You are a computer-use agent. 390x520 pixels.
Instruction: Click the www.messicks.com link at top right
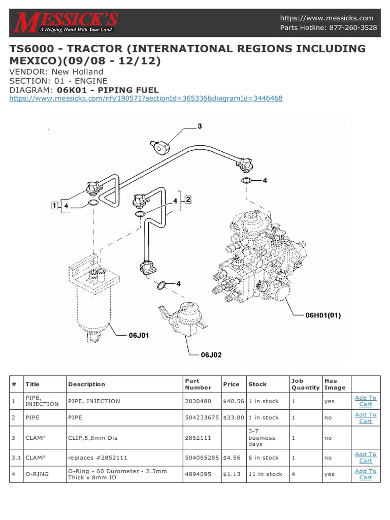[x=327, y=18]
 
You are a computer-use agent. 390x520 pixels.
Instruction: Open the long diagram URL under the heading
[x=146, y=98]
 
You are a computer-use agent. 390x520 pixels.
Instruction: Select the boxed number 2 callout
[x=187, y=200]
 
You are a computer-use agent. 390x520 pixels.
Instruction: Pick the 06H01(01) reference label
[x=322, y=315]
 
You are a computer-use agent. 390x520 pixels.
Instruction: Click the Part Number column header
[x=199, y=384]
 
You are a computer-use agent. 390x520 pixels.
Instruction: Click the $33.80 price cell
[x=234, y=417]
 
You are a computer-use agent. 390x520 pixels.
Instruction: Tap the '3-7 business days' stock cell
[x=262, y=437]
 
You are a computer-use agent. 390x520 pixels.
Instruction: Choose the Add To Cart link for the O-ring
[x=365, y=474]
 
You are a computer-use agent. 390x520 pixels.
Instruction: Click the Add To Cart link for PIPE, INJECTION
[x=365, y=401]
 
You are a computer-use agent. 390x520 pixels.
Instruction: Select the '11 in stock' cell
[x=265, y=474]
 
